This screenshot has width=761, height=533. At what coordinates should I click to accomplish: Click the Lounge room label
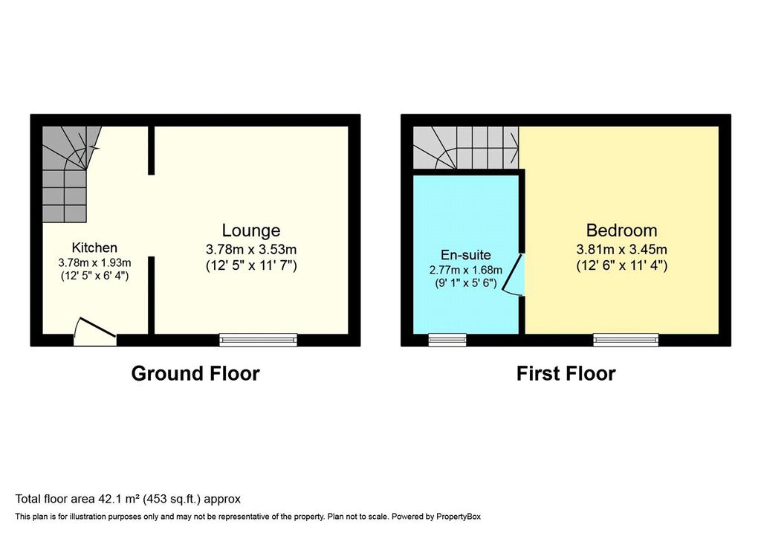click(251, 230)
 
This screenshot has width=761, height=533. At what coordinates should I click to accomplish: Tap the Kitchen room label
click(94, 248)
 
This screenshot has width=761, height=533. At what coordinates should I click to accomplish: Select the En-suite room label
click(465, 255)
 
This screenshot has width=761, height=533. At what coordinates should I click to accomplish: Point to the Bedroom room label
click(621, 230)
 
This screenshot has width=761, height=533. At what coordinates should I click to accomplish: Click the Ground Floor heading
click(195, 373)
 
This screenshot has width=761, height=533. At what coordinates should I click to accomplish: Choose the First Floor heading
click(566, 373)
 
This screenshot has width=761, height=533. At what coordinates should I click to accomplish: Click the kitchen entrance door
click(95, 332)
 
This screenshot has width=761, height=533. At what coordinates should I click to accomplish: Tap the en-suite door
click(514, 274)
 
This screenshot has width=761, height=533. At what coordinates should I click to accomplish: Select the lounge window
click(258, 340)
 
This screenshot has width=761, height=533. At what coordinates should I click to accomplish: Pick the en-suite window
click(447, 340)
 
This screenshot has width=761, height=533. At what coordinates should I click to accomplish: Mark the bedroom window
click(626, 340)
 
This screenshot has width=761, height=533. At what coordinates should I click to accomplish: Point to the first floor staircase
click(465, 148)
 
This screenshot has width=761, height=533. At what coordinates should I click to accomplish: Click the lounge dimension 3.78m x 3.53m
click(251, 250)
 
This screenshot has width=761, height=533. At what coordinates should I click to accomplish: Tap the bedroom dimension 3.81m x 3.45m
click(621, 250)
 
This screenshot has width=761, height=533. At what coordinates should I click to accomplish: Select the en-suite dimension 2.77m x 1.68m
click(465, 270)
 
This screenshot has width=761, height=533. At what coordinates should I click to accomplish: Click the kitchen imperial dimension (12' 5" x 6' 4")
click(94, 277)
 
